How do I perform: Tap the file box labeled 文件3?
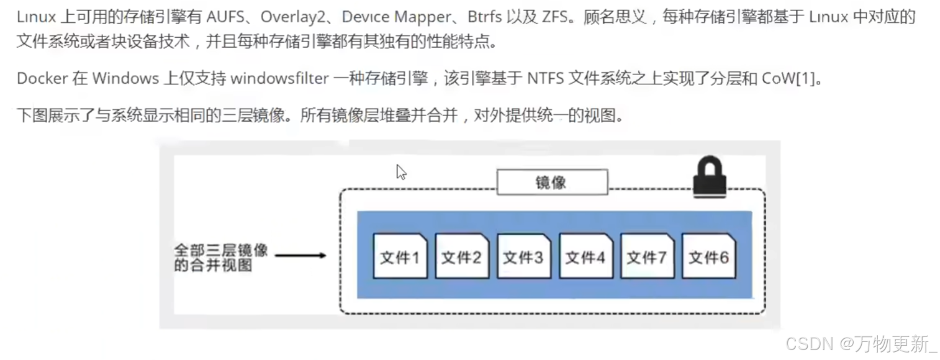coord(523,256)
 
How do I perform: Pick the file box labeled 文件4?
coord(585,256)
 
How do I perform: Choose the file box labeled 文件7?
coord(647,256)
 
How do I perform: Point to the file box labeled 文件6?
coord(708,256)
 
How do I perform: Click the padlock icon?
coord(709,179)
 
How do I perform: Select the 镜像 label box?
coord(552,182)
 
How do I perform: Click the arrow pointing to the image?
coord(301,255)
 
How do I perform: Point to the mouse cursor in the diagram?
coord(401,172)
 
